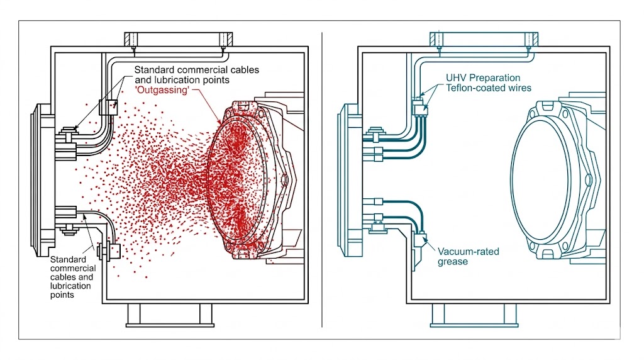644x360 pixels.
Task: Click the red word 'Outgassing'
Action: (162, 89)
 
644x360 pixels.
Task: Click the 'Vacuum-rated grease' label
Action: (468, 257)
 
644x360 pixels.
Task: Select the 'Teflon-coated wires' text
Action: (488, 87)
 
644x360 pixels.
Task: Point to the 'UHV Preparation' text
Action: (483, 78)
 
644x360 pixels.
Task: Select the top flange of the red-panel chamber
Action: (179, 39)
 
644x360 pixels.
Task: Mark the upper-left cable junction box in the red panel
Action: (108, 107)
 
